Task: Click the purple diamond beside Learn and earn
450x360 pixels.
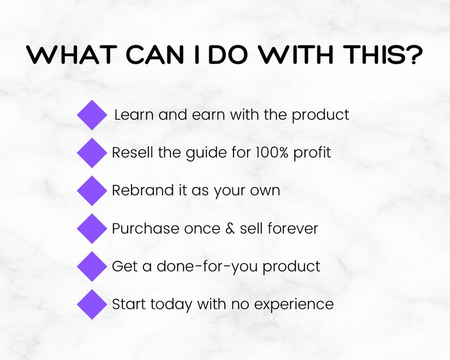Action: pos(92,115)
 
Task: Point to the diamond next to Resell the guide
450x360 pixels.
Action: pos(92,153)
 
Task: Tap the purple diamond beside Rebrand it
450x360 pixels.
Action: pos(92,190)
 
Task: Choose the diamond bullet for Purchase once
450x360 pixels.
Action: pos(92,228)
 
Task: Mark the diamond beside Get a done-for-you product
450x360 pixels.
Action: pos(92,266)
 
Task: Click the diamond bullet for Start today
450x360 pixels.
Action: pos(92,304)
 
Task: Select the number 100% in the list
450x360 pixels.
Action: pos(272,153)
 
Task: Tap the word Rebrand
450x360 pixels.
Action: pos(135,190)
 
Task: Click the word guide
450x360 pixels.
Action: pos(211,154)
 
